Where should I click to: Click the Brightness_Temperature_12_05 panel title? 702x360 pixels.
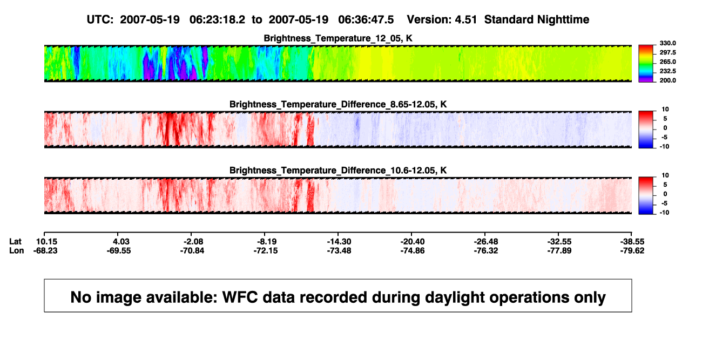pyautogui.click(x=338, y=38)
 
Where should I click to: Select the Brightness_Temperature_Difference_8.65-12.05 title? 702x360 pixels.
pyautogui.click(x=338, y=104)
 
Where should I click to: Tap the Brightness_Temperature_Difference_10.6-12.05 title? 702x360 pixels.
pyautogui.click(x=338, y=171)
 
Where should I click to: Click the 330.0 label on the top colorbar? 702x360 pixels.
pyautogui.click(x=667, y=43)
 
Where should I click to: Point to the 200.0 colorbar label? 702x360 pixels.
pyautogui.click(x=667, y=80)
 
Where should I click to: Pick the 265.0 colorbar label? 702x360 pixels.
pyautogui.click(x=667, y=62)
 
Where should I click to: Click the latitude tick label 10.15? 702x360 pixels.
pyautogui.click(x=46, y=242)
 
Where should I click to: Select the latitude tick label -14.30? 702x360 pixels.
pyautogui.click(x=339, y=242)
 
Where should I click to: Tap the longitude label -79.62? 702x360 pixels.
pyautogui.click(x=632, y=250)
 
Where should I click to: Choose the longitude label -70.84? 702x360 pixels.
pyautogui.click(x=192, y=250)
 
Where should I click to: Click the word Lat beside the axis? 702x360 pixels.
pyautogui.click(x=15, y=242)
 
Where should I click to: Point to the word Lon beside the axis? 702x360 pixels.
pyautogui.click(x=16, y=250)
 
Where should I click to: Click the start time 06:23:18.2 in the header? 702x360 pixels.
pyautogui.click(x=217, y=19)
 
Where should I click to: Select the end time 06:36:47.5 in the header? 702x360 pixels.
pyautogui.click(x=366, y=19)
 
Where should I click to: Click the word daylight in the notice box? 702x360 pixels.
pyautogui.click(x=454, y=298)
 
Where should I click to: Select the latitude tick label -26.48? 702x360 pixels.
pyautogui.click(x=486, y=242)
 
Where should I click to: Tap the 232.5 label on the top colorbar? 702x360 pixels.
pyautogui.click(x=667, y=71)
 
